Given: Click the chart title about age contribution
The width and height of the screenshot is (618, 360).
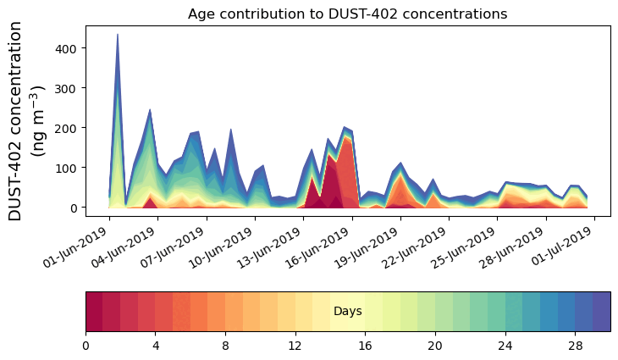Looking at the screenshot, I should click(x=347, y=14).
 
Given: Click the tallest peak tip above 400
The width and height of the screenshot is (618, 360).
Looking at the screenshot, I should click(x=117, y=36).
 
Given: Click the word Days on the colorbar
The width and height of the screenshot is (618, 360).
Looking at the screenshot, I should click(x=347, y=312).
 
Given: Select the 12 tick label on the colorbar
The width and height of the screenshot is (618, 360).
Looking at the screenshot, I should click(x=295, y=346).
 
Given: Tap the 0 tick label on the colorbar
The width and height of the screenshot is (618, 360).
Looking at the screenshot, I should click(x=86, y=346).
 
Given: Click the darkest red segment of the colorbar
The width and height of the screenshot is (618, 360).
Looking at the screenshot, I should click(x=94, y=311).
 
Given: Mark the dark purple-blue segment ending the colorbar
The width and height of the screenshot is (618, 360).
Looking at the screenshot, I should click(x=602, y=311).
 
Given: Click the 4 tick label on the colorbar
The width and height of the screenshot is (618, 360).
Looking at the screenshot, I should click(x=156, y=346).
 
